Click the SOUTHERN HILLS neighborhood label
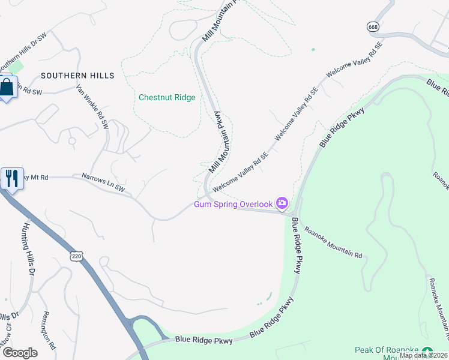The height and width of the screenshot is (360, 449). click(x=77, y=76)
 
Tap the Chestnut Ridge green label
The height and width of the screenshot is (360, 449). click(x=167, y=97)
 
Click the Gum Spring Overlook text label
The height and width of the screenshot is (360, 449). click(x=233, y=205)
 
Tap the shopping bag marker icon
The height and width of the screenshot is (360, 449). click(x=7, y=88)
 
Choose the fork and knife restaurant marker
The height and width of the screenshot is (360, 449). click(x=11, y=178)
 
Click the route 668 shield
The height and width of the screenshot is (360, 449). click(x=372, y=27)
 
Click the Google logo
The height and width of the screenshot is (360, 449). click(x=20, y=353)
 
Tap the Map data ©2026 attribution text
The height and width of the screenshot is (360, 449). click(x=423, y=355)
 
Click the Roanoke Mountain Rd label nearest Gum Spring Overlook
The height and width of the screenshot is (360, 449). click(x=333, y=242)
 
